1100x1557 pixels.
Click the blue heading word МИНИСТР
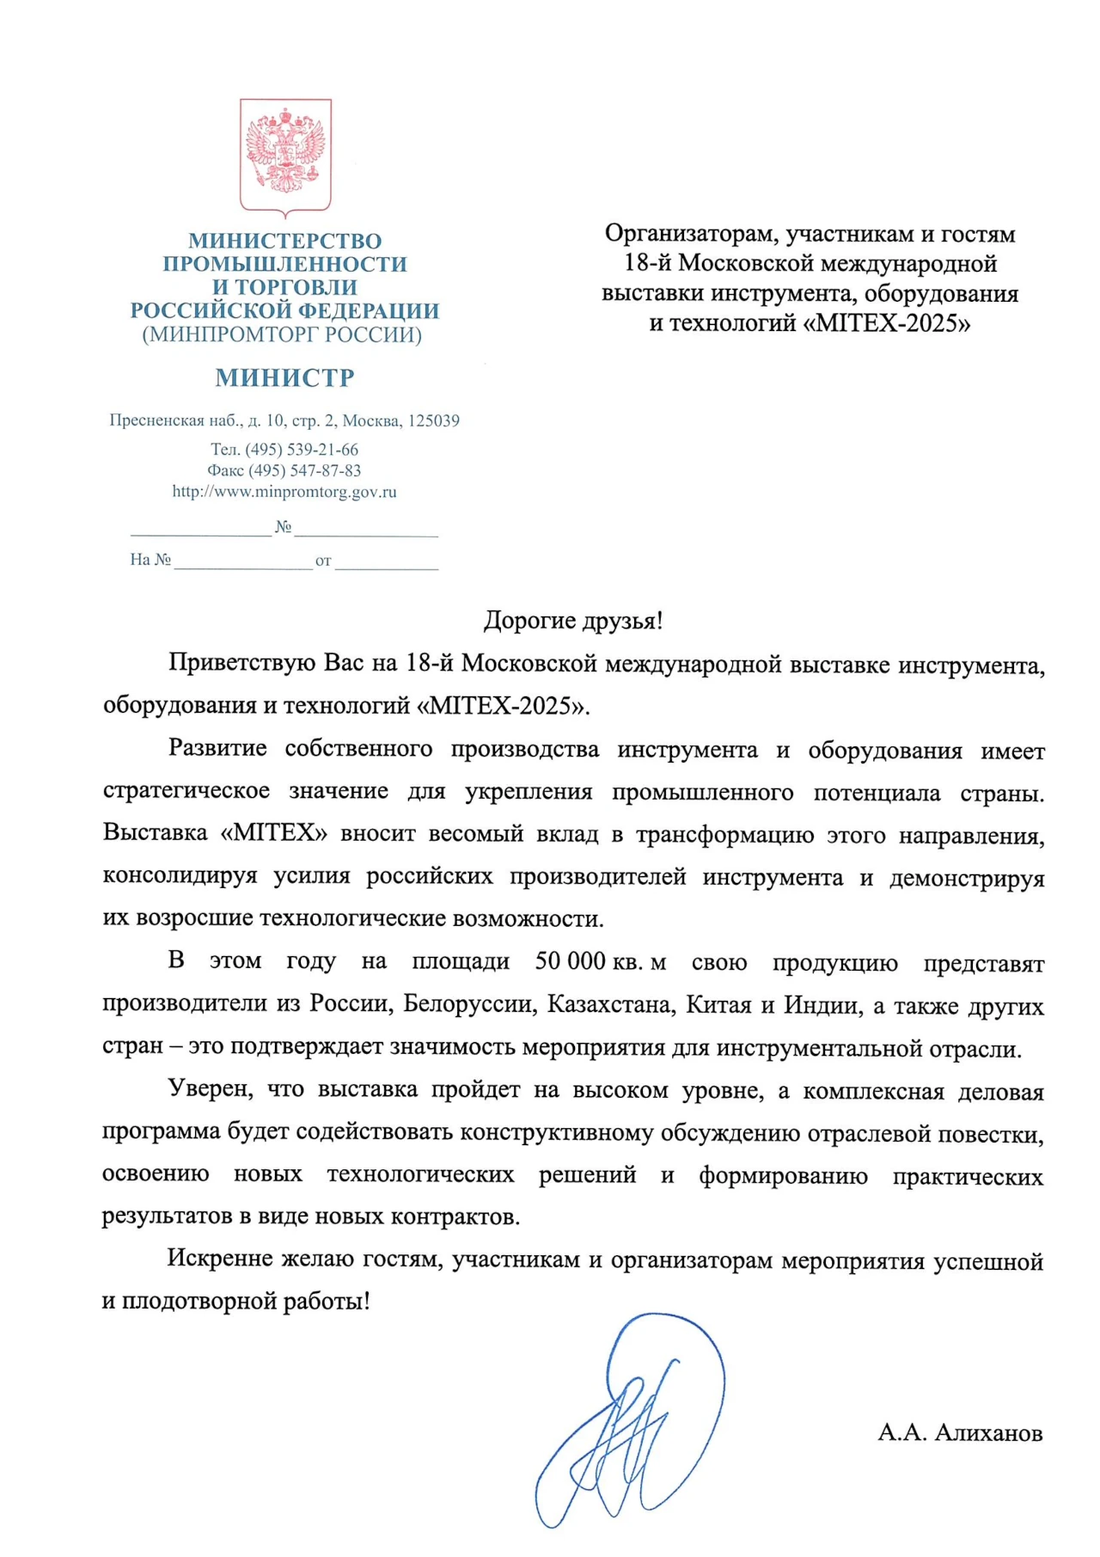(x=284, y=377)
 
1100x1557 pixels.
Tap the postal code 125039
(x=434, y=420)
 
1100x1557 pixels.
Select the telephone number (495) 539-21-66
(x=302, y=449)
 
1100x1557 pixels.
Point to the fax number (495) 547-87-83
(x=304, y=470)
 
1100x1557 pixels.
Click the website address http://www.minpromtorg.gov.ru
(x=284, y=492)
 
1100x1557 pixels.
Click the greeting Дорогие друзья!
(x=573, y=620)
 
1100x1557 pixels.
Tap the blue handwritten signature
(x=632, y=1419)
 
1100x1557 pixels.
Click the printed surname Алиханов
(x=988, y=1433)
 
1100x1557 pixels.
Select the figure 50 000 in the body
(x=570, y=961)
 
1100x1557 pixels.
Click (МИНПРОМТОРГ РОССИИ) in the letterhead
(x=282, y=334)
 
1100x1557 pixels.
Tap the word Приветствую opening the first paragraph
(x=242, y=663)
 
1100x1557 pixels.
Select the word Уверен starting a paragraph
(x=210, y=1088)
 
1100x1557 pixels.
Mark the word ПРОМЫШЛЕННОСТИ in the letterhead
(x=284, y=264)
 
